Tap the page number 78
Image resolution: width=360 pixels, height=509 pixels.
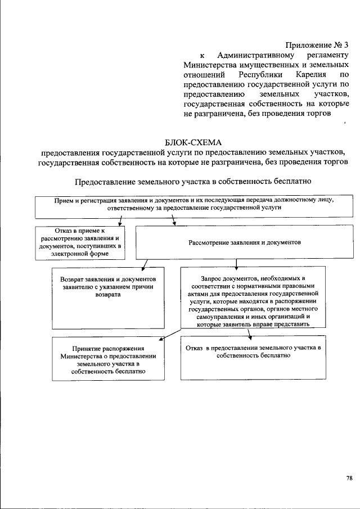(x=349, y=478)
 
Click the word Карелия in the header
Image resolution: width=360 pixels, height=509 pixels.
(x=308, y=74)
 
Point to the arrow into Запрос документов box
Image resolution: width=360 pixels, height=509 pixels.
(x=237, y=264)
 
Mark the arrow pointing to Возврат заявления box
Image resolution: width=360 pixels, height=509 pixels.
(x=145, y=265)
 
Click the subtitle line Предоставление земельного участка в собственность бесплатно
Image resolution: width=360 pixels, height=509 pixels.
(x=192, y=182)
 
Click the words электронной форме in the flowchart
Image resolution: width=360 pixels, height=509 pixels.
(x=79, y=254)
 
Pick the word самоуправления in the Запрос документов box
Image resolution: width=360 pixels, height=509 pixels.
(x=215, y=317)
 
